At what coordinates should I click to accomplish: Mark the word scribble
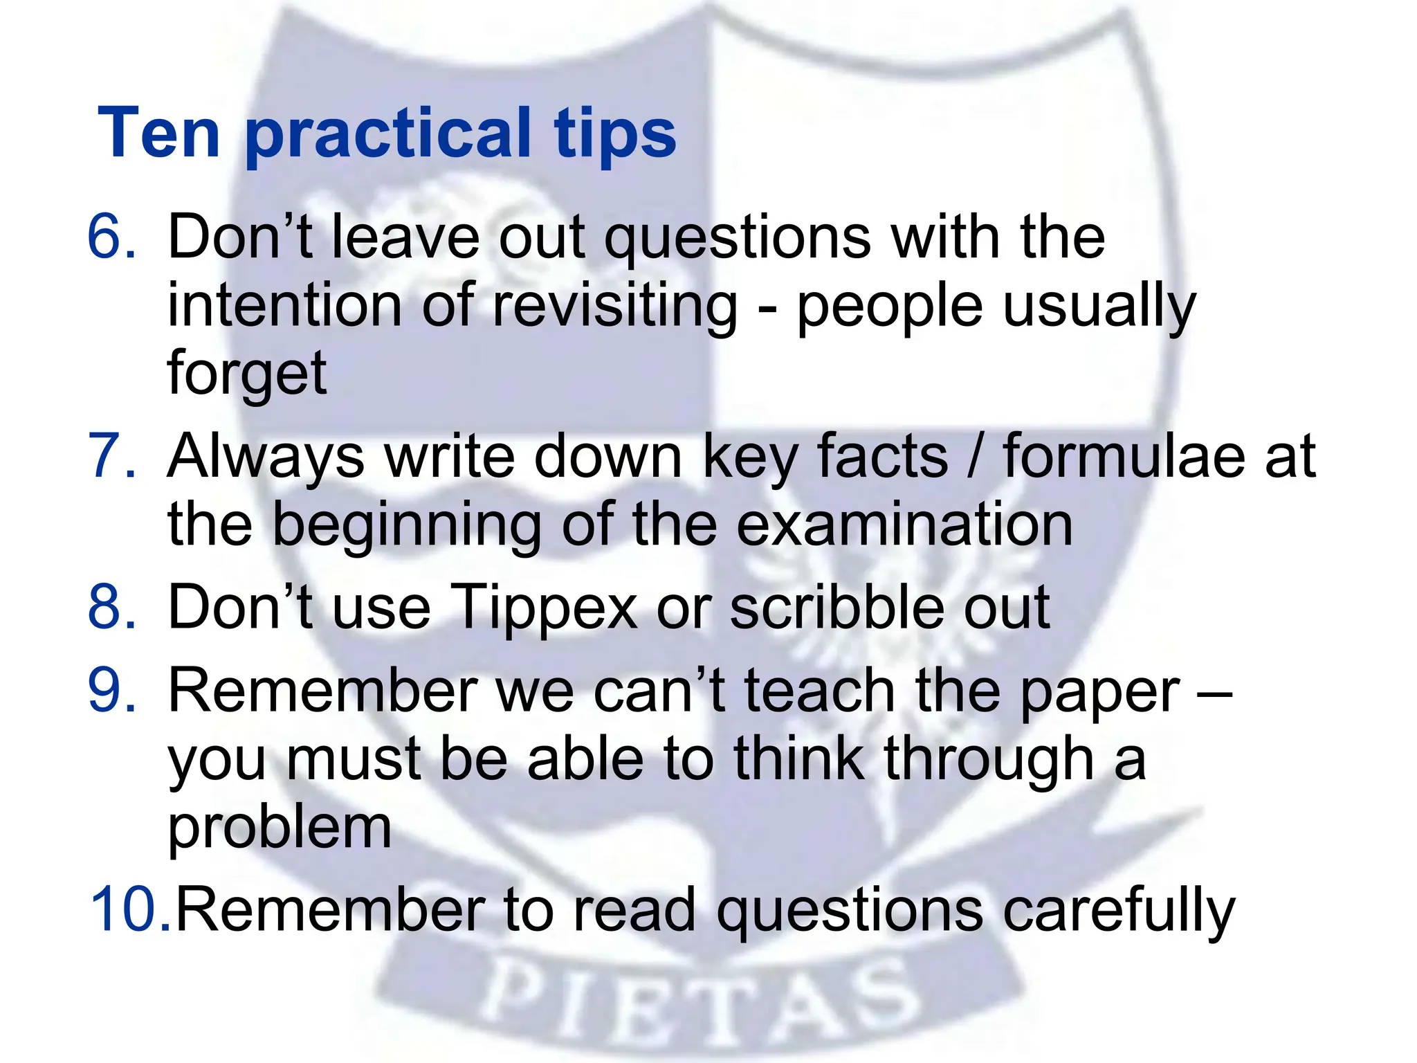pyautogui.click(x=837, y=607)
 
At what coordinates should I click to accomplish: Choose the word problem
pyautogui.click(x=280, y=830)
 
